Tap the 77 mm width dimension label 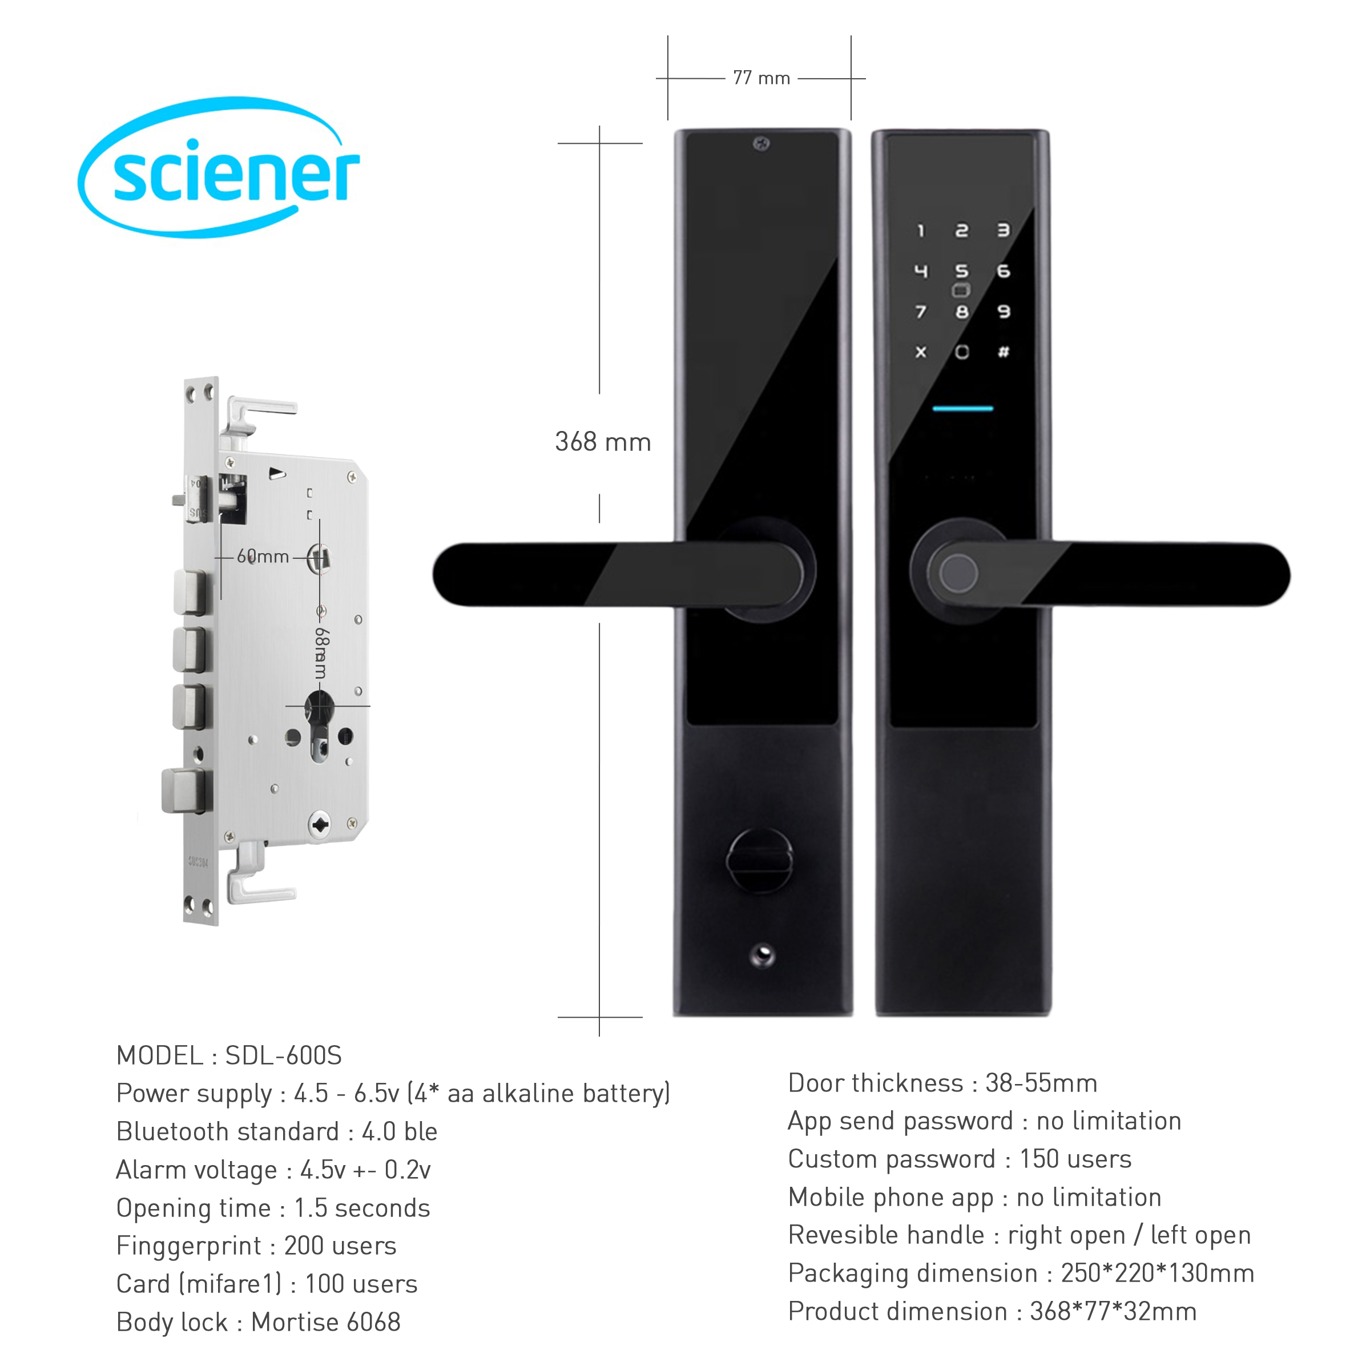[x=761, y=78]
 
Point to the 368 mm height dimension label [x=603, y=442]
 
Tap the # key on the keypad [x=1004, y=352]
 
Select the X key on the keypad [x=920, y=352]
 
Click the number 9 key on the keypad [x=1004, y=311]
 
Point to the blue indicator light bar [x=962, y=409]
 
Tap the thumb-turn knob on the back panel [x=759, y=861]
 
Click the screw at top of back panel [x=761, y=144]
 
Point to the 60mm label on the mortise [x=263, y=557]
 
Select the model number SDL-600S [x=283, y=1056]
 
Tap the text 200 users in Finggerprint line [x=340, y=1246]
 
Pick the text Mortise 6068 [x=325, y=1323]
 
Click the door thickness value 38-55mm [x=1041, y=1083]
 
